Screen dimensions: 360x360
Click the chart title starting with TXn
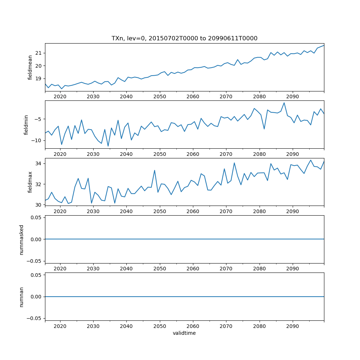(184, 39)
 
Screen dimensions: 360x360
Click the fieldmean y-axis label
(30, 67)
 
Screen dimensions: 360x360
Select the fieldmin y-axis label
(26, 125)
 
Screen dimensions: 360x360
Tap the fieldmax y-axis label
(30, 182)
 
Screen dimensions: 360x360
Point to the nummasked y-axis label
(22, 239)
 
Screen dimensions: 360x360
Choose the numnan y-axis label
(22, 297)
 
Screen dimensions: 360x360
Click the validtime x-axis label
(184, 333)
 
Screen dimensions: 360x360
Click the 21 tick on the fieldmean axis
(39, 53)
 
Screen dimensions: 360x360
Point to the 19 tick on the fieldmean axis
(39, 79)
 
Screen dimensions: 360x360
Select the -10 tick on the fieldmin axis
(37, 140)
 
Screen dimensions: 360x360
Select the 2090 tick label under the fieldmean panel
(292, 97)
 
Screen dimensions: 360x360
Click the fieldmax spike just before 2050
(154, 170)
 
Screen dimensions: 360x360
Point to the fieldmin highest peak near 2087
(284, 103)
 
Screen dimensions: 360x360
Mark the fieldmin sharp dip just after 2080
(264, 129)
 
